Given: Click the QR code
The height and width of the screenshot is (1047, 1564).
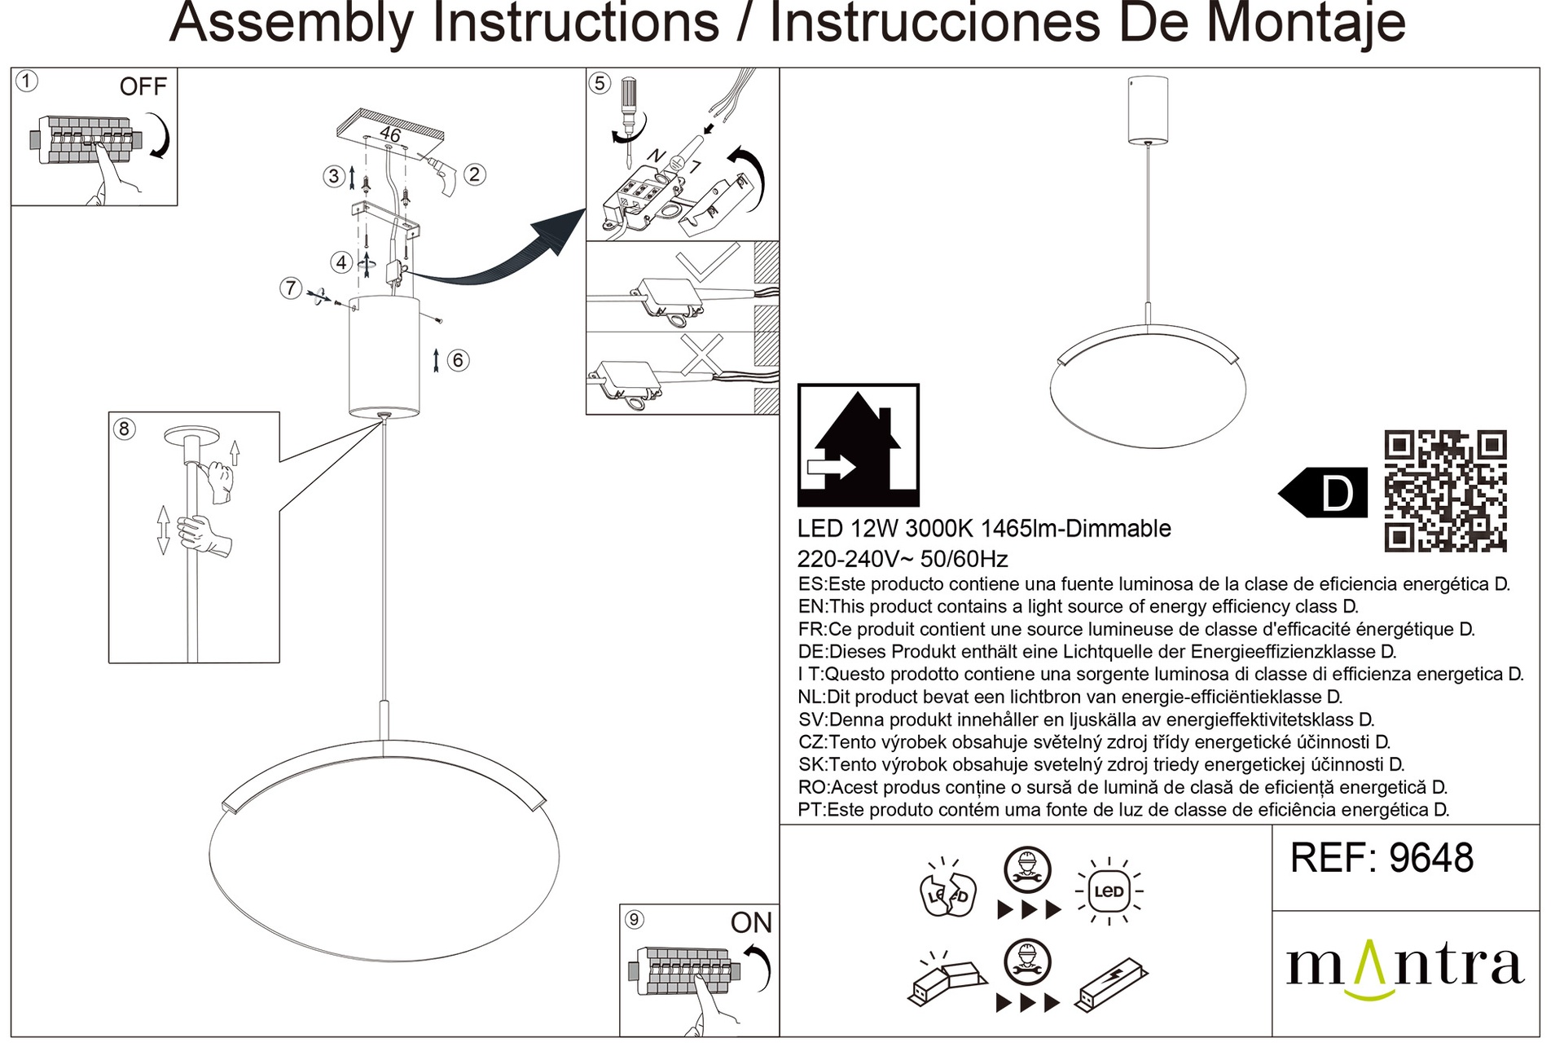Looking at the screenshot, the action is coord(1445,491).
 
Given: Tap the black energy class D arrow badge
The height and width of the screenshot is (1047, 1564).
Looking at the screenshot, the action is coord(1323,491).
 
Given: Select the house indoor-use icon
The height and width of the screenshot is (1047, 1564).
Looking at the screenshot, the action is coord(859,445).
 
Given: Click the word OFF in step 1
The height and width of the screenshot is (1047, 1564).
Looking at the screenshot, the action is coord(143,86).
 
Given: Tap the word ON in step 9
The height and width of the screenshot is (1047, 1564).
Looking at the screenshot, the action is coord(751,922).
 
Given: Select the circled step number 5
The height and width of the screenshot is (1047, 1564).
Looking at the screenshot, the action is coord(600,82).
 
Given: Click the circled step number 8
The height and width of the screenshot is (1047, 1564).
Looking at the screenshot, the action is coord(124,429).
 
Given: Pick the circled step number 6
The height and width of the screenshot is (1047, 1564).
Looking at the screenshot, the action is coord(459,360).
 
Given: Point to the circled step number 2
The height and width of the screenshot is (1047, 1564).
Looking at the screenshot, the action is coord(474,174).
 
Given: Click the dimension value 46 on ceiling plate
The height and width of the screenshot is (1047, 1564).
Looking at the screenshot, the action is coord(390,134).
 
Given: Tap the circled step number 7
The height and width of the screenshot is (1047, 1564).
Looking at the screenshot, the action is coord(291,288).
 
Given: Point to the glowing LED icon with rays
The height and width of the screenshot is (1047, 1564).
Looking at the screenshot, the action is coord(1109,891).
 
